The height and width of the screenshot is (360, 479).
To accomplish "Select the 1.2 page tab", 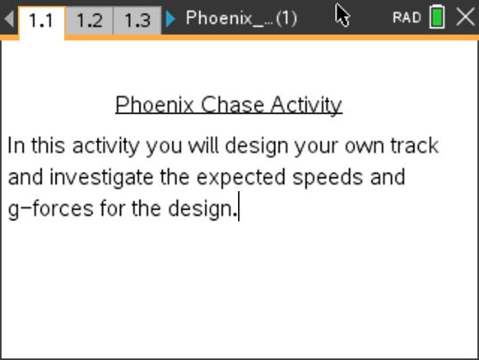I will tap(89, 20).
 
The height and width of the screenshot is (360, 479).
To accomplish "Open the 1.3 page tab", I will tap(136, 20).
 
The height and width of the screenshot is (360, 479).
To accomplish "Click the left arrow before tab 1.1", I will tap(9, 19).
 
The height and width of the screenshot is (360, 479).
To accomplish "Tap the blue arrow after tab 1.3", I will tap(171, 19).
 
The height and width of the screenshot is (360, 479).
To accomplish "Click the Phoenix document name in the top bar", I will tap(241, 18).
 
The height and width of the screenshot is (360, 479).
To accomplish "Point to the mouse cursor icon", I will tap(343, 15).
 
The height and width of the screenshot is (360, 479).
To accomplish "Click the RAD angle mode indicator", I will tap(407, 18).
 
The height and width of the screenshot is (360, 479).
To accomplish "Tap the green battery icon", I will tap(437, 17).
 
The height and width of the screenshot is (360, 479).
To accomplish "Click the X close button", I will tap(465, 17).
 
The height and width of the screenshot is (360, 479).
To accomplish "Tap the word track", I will tap(415, 146).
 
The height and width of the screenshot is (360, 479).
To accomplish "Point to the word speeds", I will tap(328, 177).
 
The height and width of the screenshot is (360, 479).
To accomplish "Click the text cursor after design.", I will tap(238, 209).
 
